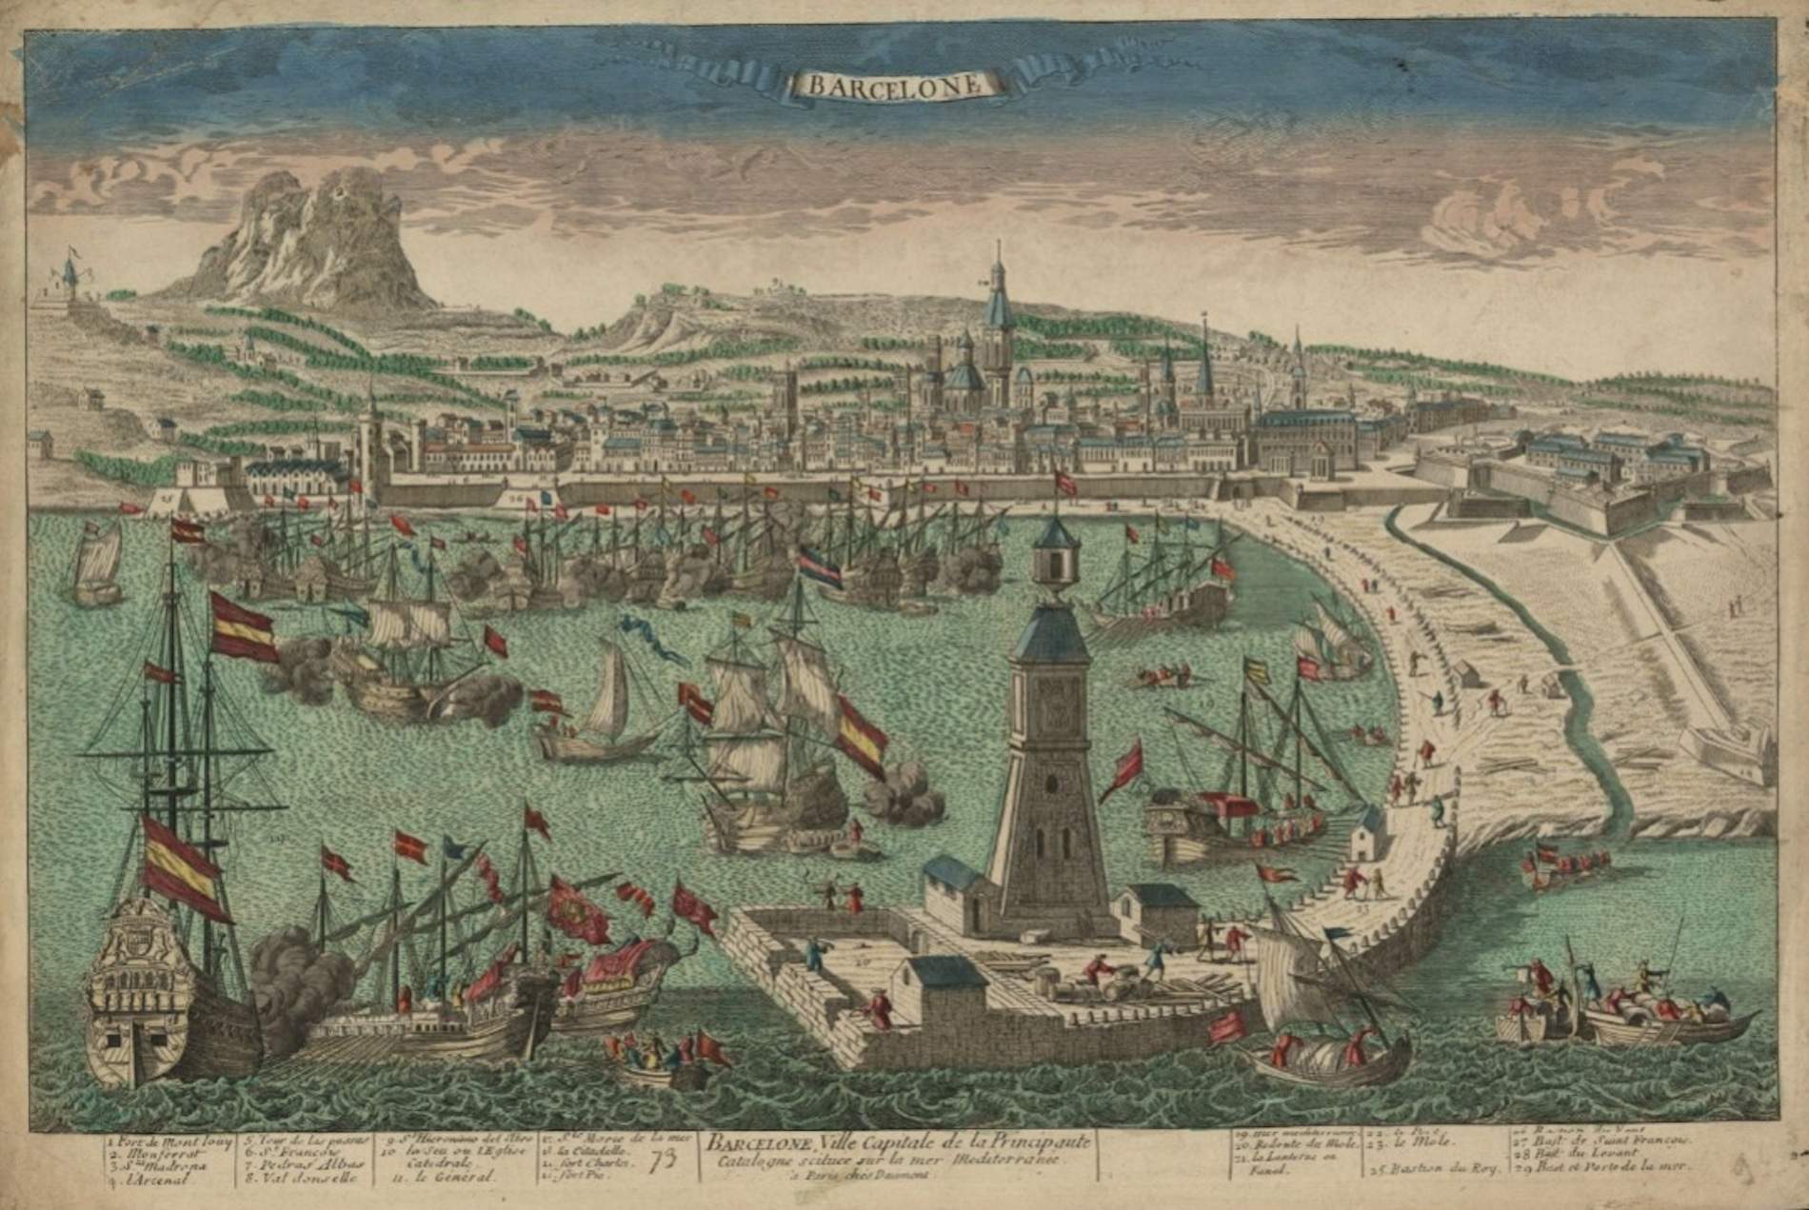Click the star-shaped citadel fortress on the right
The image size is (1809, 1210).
pos(1600,476)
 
